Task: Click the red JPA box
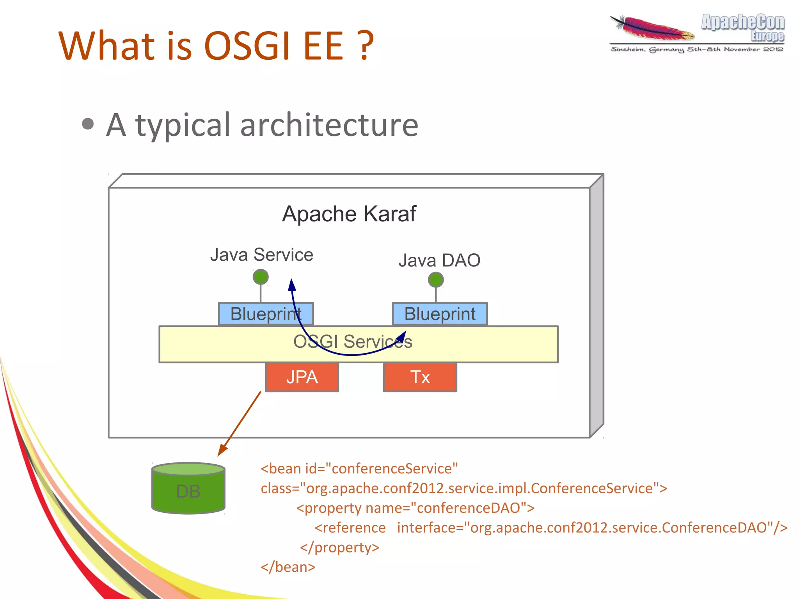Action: (x=302, y=377)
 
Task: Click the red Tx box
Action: (x=420, y=377)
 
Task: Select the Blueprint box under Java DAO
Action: (x=440, y=314)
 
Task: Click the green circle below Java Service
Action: (x=261, y=277)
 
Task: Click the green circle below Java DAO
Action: (x=436, y=280)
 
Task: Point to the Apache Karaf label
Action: (x=349, y=214)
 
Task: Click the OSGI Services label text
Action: (x=352, y=341)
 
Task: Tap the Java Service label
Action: (x=261, y=255)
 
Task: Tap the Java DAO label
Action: (x=439, y=260)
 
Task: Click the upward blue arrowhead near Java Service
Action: (x=292, y=284)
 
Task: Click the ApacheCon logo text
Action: (x=743, y=23)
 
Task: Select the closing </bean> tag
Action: (x=288, y=567)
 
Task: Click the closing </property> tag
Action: (x=339, y=547)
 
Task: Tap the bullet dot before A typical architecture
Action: (x=88, y=124)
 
